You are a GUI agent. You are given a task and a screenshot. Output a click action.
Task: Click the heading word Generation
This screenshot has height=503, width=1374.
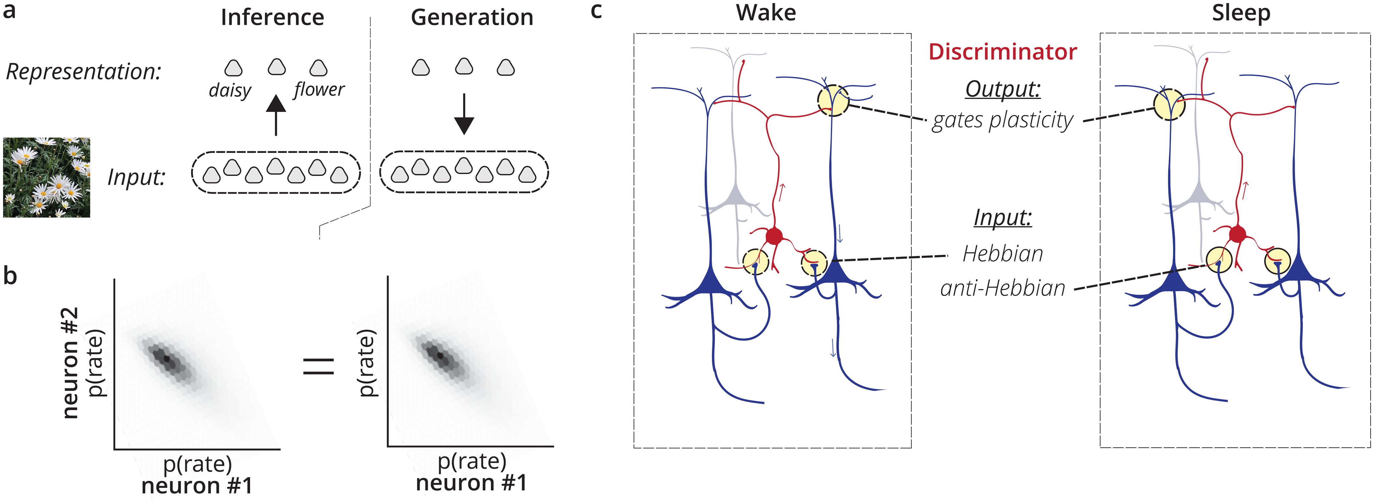coord(472,18)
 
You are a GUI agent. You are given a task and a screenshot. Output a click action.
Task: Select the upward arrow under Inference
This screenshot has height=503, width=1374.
coord(276,115)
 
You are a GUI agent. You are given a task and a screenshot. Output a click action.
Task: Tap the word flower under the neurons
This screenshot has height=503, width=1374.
coord(319,89)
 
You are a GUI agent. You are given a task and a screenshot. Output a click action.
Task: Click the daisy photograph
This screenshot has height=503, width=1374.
coord(46,178)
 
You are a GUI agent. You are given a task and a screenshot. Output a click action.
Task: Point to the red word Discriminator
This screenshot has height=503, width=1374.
coord(1002,52)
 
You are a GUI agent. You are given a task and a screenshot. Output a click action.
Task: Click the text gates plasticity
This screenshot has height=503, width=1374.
coord(1002,120)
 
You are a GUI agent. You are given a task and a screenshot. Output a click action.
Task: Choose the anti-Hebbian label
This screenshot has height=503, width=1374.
coord(1002,288)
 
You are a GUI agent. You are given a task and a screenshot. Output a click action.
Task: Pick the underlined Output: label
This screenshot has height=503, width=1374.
coord(1003,88)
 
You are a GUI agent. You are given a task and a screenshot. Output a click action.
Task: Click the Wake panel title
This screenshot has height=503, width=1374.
coord(766,13)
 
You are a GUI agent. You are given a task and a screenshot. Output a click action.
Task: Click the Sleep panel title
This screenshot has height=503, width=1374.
coord(1241,13)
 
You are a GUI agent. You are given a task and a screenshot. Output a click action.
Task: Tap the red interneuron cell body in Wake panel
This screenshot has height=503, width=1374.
coord(774,235)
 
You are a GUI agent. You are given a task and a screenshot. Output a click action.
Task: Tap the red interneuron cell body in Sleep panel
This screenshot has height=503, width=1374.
coord(1238,234)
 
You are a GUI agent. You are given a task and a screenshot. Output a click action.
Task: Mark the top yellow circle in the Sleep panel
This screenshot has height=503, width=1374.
coord(1169,104)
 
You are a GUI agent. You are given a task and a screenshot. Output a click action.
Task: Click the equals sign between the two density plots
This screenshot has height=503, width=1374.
coord(319,366)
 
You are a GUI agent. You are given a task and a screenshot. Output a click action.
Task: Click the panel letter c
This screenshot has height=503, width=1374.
coord(596,11)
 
